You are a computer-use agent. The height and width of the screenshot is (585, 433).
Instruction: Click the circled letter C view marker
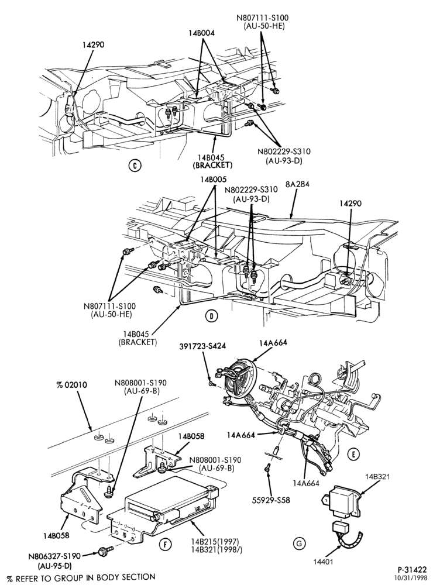point(135,166)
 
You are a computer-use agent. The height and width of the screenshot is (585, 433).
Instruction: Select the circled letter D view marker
point(211,316)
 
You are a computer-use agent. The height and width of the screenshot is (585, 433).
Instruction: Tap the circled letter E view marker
point(353,454)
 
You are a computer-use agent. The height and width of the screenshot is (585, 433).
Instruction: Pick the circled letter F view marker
point(163,545)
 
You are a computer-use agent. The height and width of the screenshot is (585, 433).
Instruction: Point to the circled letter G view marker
point(299,543)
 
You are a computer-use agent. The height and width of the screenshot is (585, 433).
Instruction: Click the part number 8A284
point(297,184)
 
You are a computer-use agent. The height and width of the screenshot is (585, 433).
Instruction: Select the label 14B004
point(201,33)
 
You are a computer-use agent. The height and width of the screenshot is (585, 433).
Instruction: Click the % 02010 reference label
point(71,385)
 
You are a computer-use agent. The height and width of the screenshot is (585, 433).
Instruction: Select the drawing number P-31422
point(412,569)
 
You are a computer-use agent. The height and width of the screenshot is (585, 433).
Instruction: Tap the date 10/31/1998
point(413,577)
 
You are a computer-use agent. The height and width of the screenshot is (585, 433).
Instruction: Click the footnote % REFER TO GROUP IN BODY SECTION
point(81,577)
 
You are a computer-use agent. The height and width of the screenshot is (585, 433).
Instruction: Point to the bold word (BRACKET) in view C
point(212,164)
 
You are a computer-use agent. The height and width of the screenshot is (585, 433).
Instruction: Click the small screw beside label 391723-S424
point(212,383)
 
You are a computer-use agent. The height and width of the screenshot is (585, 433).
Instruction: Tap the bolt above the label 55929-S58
point(267,467)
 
